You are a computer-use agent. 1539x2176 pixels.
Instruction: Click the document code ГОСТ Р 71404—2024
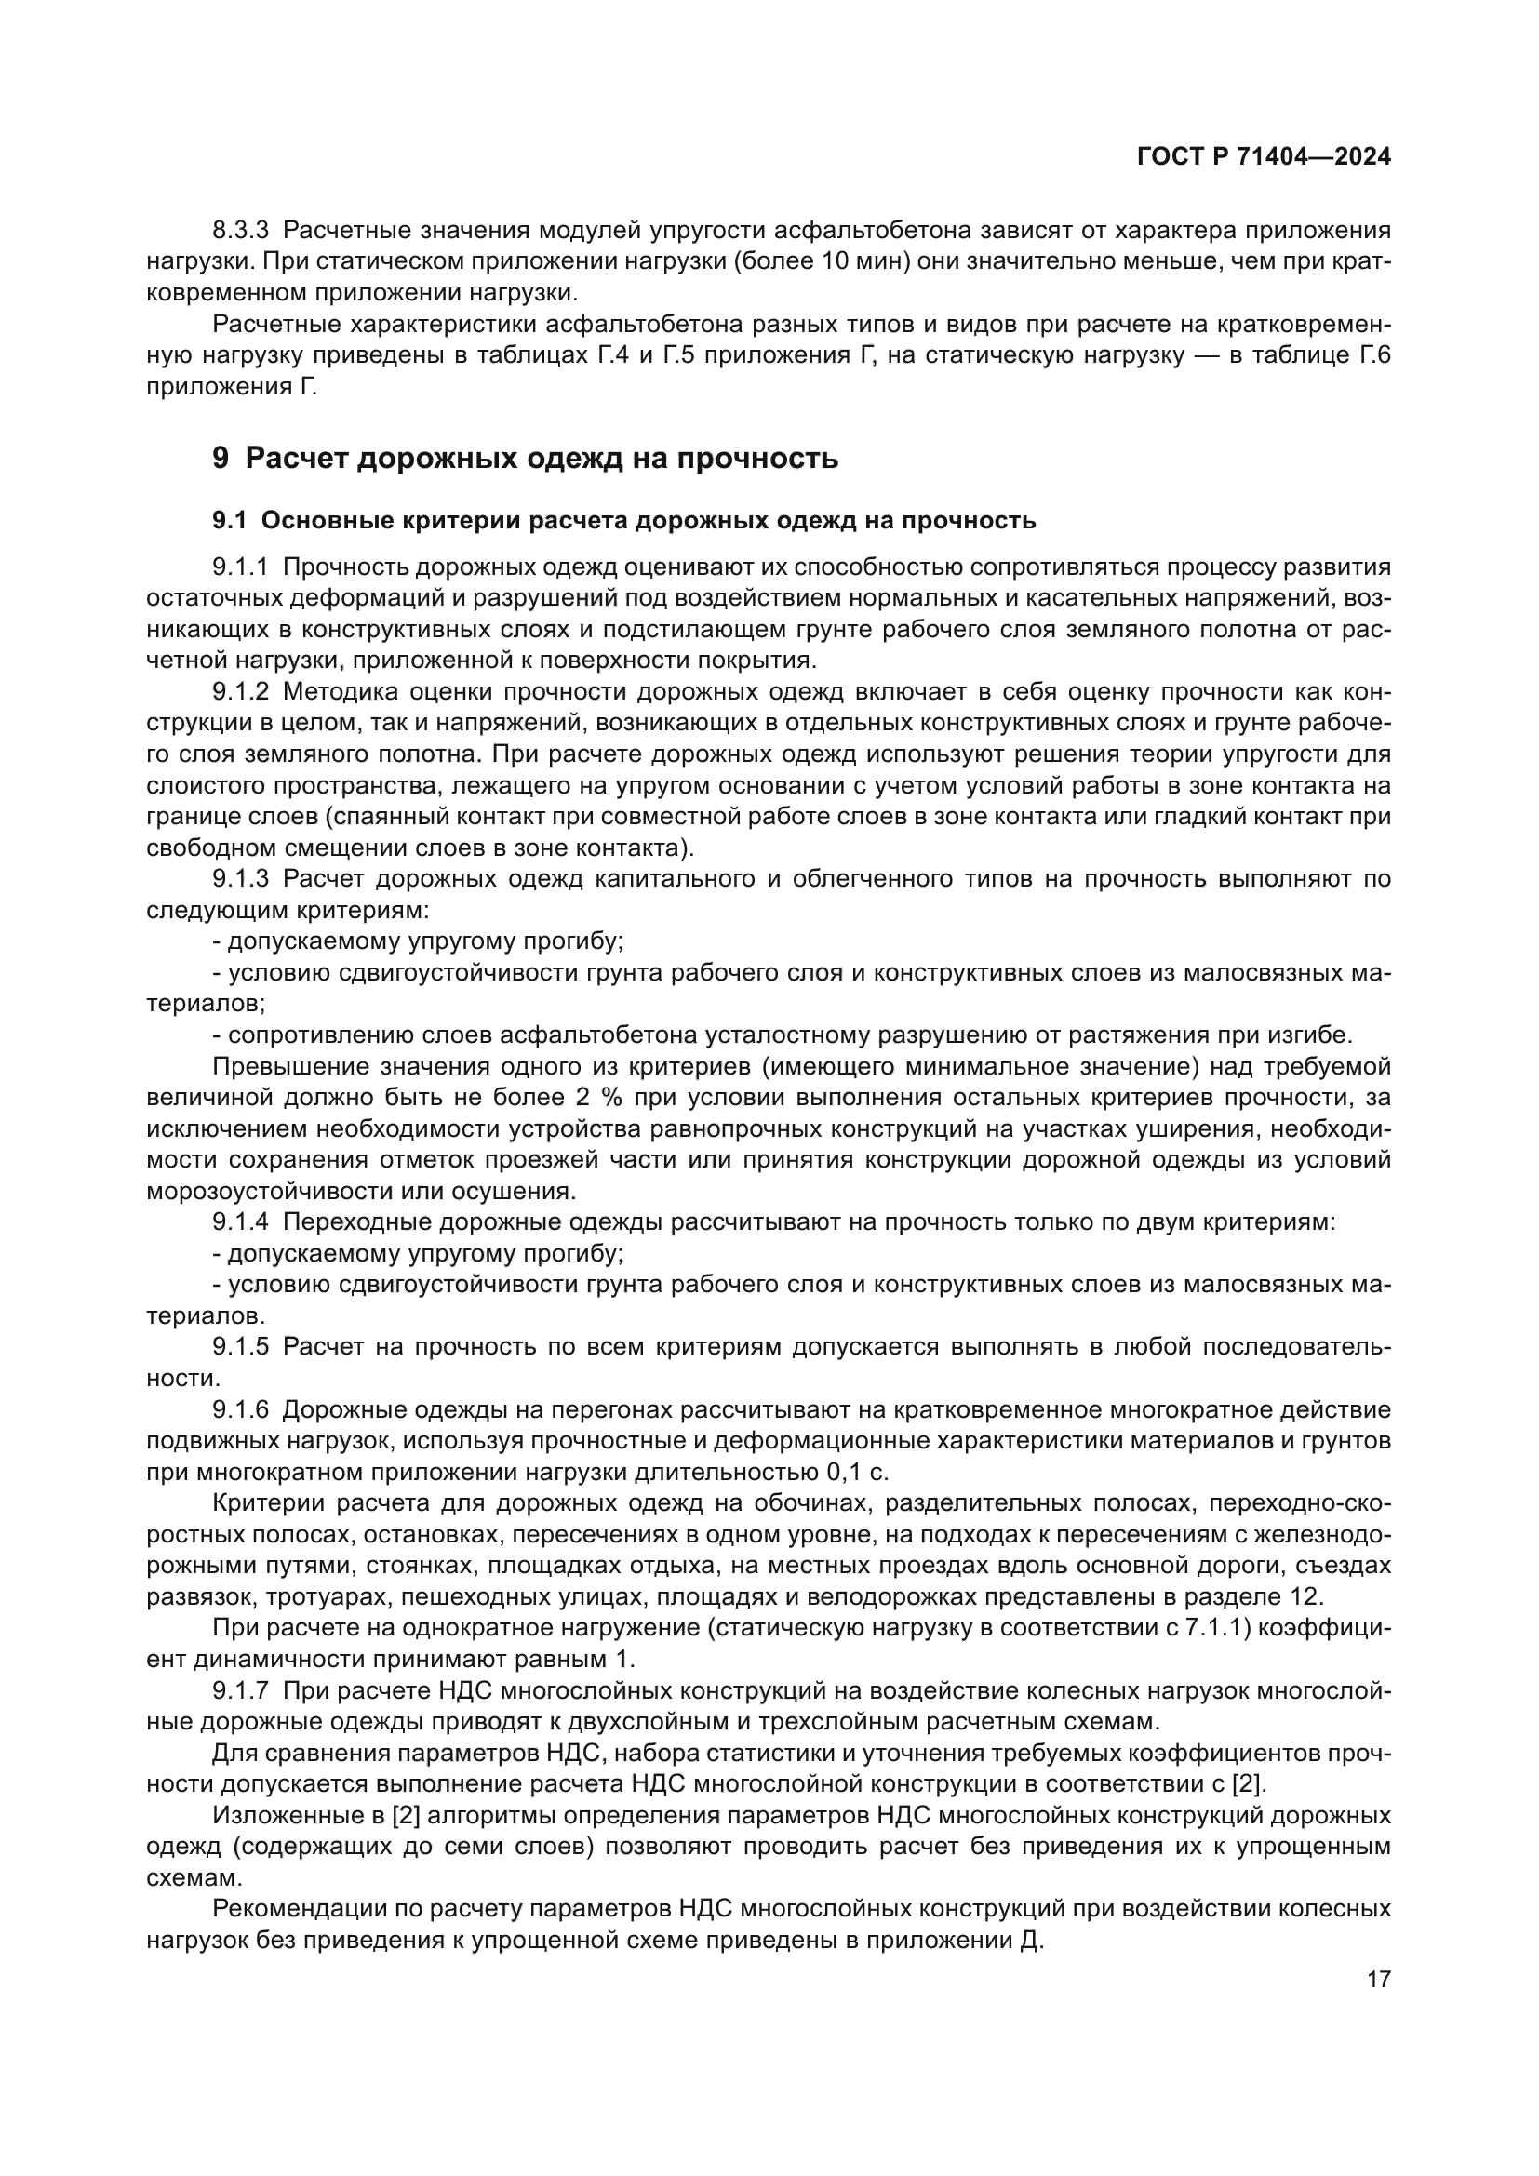click(1264, 157)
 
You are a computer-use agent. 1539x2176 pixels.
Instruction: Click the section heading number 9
click(220, 459)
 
